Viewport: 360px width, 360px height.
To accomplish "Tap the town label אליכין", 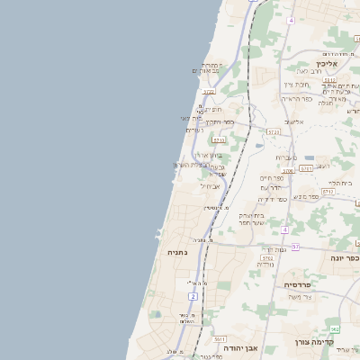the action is pyautogui.click(x=327, y=64).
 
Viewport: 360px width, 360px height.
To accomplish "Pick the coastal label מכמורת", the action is pyautogui.click(x=211, y=66).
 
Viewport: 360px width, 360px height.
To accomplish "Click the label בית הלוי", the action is pyautogui.click(x=342, y=183).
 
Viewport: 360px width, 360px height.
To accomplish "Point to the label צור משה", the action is pyautogui.click(x=296, y=297).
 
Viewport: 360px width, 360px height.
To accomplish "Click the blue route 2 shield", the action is pyautogui.click(x=193, y=296).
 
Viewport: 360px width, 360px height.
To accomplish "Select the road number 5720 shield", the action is pyautogui.click(x=209, y=92).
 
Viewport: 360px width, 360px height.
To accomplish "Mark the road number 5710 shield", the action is pyautogui.click(x=218, y=140).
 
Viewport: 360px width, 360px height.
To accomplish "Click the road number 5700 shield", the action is pyautogui.click(x=288, y=169).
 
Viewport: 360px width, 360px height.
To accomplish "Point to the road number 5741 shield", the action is pyautogui.click(x=306, y=168).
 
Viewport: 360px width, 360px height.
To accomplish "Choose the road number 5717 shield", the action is pyautogui.click(x=327, y=192).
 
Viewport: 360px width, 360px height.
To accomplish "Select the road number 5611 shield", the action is pyautogui.click(x=220, y=335).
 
